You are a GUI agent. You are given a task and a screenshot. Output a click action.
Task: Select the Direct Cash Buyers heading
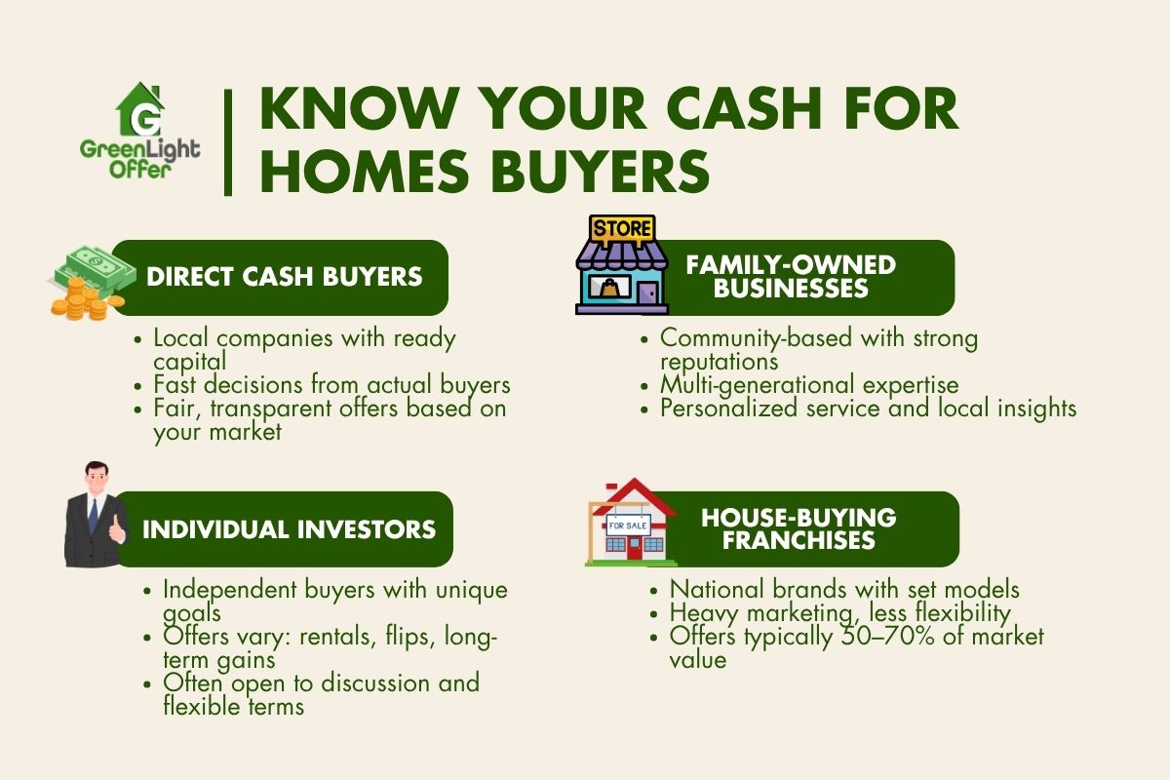[x=284, y=276]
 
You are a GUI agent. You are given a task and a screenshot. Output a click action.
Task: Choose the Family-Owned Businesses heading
[x=791, y=276]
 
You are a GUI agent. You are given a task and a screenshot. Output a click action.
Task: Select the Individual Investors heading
[x=289, y=529]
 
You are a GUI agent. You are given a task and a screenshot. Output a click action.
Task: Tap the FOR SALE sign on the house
[x=629, y=525]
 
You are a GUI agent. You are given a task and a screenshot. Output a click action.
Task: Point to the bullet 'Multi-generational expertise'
[x=809, y=385]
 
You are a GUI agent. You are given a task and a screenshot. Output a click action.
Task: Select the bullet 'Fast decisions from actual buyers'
[x=331, y=385]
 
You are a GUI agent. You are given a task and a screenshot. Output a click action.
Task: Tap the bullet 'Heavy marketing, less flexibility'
[x=839, y=613]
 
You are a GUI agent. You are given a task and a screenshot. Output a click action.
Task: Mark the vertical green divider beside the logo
[x=228, y=142]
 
